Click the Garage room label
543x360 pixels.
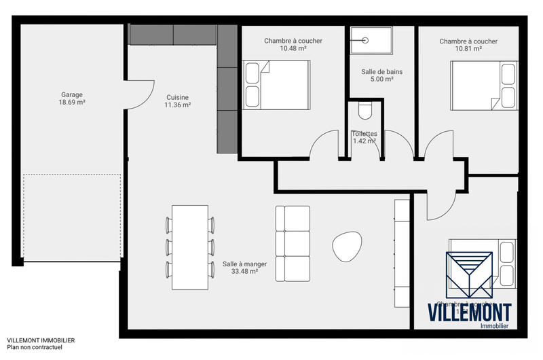(x=71, y=95)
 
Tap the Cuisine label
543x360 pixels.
(x=178, y=97)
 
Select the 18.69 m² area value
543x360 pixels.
(x=71, y=103)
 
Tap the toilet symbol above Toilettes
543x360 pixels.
(x=364, y=109)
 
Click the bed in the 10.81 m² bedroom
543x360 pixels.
(x=483, y=84)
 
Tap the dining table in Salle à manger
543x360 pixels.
(x=189, y=246)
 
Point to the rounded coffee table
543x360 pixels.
(x=347, y=247)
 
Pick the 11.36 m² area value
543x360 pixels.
(x=178, y=105)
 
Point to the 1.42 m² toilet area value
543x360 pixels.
(x=364, y=141)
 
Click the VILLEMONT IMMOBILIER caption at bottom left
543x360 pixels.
(x=41, y=340)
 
